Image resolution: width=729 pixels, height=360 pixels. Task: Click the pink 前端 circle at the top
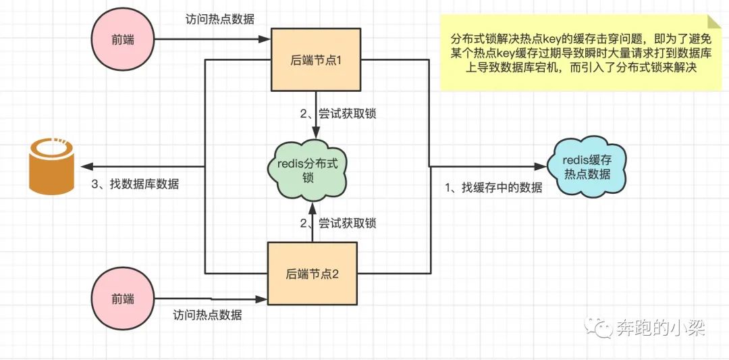click(x=123, y=39)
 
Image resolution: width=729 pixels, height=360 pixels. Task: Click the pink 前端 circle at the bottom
click(x=123, y=297)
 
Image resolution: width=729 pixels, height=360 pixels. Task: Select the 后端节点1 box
click(x=316, y=60)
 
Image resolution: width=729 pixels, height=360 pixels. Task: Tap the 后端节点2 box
click(x=312, y=274)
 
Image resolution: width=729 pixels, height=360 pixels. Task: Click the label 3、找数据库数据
click(x=135, y=184)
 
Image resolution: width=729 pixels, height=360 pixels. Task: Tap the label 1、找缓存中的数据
click(x=493, y=188)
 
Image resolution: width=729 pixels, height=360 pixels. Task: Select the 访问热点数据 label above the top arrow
click(x=219, y=20)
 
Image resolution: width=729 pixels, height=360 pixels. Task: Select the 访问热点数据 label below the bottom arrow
click(x=207, y=315)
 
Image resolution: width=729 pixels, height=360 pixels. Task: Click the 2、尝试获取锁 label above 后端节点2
click(x=338, y=222)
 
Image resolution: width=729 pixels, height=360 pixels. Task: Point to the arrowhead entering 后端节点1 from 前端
click(x=267, y=40)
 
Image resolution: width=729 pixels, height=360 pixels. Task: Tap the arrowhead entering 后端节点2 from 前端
click(x=263, y=297)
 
